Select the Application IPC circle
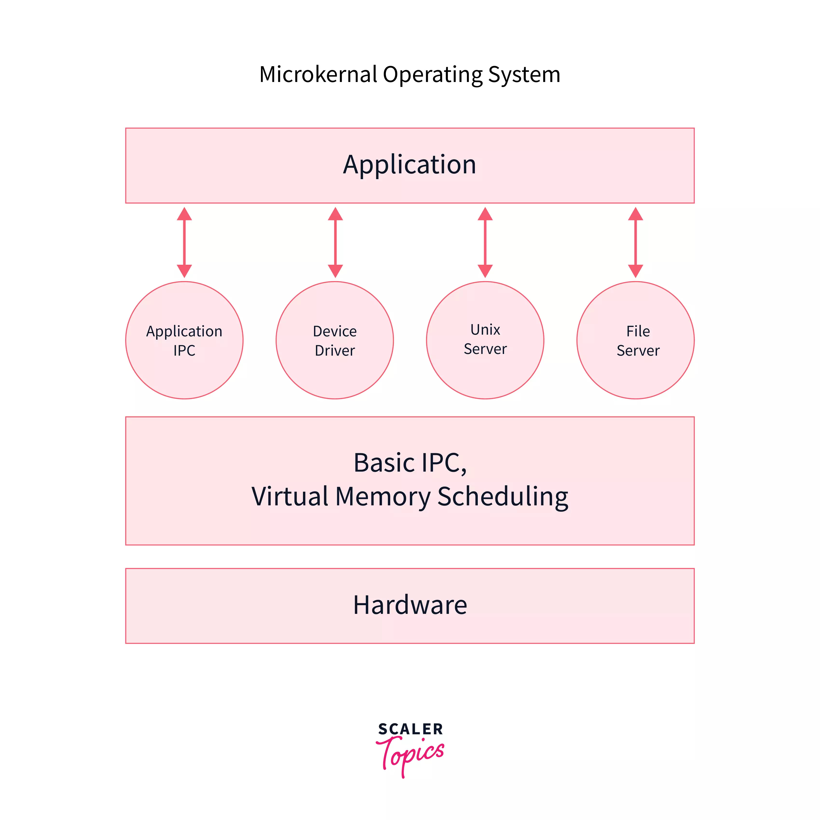coord(184,340)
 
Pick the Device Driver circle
coord(335,340)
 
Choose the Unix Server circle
coord(485,340)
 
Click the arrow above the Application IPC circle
coord(184,242)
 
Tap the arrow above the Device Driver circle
coord(335,242)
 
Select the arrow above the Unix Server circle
coord(485,242)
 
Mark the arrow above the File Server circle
coord(635,242)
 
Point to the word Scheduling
coord(503,497)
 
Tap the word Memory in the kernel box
coord(382,497)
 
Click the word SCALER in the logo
coord(410,729)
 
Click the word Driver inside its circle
coord(335,351)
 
